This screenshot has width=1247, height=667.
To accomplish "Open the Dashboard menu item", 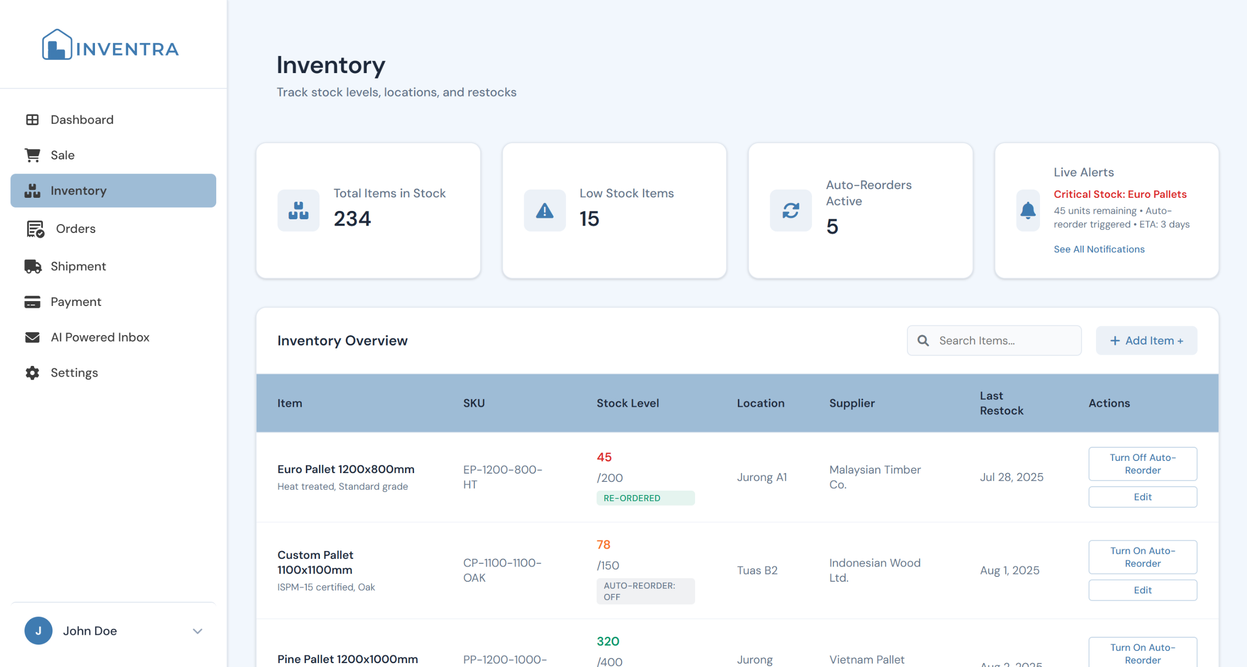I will pos(81,119).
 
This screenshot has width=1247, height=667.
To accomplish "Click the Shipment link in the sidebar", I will pos(78,266).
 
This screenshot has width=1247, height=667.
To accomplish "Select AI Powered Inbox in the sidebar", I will pos(100,337).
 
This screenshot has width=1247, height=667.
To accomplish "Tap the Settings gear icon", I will pos(32,373).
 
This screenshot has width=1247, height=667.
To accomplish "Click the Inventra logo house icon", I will pos(57,45).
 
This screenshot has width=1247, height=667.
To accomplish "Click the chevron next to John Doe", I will pos(197,631).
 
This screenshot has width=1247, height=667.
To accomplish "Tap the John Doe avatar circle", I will pos(38,631).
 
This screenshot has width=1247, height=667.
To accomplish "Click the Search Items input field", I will pos(1003,341).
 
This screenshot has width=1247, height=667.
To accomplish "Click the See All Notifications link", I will pos(1099,249).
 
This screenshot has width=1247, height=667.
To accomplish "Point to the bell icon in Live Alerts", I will pos(1028,210).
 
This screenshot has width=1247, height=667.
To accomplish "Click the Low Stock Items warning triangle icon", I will pos(545,210).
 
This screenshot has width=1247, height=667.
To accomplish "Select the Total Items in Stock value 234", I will pos(352,219).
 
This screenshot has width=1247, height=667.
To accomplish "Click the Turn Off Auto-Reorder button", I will pos(1142,464).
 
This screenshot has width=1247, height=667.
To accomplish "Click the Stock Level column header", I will pos(627,403).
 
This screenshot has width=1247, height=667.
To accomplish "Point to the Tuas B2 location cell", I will pos(757,570).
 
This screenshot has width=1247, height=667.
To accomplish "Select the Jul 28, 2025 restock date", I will pos(1011,477).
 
